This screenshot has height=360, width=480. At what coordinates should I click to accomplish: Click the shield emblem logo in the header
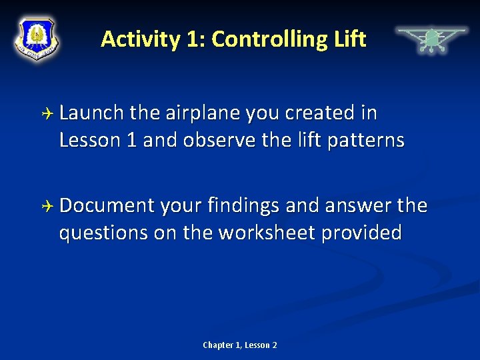pyautogui.click(x=37, y=38)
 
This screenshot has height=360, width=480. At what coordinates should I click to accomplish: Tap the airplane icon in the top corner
pyautogui.click(x=431, y=39)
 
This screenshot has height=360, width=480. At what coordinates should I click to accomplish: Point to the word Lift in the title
pyautogui.click(x=349, y=39)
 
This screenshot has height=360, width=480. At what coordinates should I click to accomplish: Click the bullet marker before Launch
pyautogui.click(x=47, y=114)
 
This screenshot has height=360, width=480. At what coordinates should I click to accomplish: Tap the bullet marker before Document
pyautogui.click(x=47, y=206)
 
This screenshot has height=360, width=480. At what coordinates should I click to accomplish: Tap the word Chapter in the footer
pyautogui.click(x=218, y=345)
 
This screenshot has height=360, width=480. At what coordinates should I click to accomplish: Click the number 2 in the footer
pyautogui.click(x=274, y=345)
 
